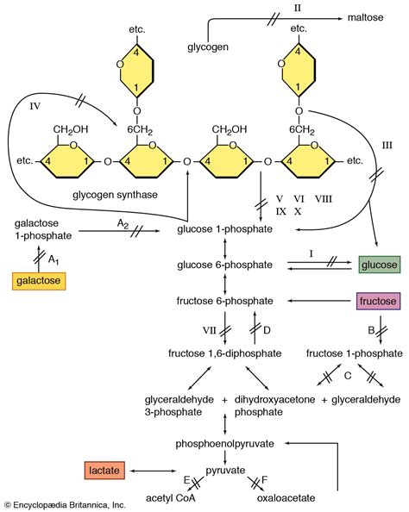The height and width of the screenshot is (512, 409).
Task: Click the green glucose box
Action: [380, 265]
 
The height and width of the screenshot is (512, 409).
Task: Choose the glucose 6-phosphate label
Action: [225, 265]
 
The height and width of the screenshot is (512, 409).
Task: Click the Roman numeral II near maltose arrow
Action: [298, 6]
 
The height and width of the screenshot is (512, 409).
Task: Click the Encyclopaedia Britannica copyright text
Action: [65, 505]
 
